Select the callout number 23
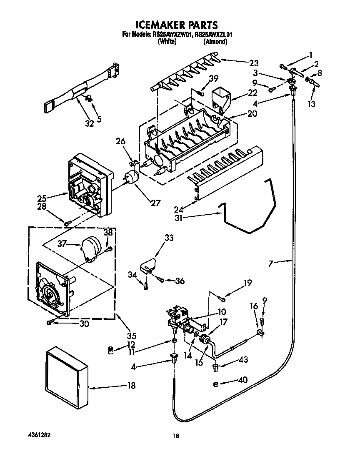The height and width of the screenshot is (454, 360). coord(254,63)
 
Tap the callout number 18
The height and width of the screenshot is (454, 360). coord(131,386)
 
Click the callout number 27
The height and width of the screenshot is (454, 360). coord(155,203)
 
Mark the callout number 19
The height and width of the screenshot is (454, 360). coord(247,283)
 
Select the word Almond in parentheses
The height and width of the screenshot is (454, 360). coord(215,42)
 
